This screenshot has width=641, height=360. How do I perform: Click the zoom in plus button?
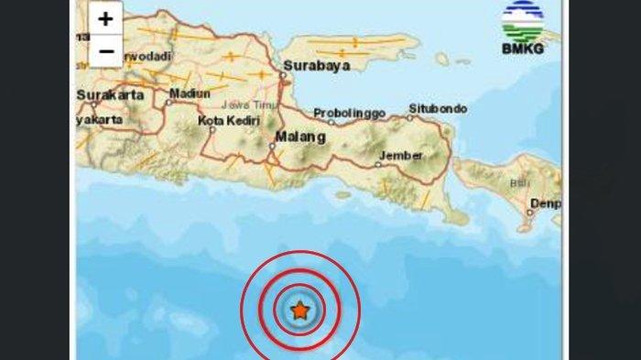pyautogui.click(x=106, y=19)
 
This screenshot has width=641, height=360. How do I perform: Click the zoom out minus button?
pyautogui.click(x=106, y=51)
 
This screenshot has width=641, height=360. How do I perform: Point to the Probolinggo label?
pyautogui.click(x=350, y=113)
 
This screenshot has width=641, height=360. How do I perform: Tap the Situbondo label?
pyautogui.click(x=439, y=108)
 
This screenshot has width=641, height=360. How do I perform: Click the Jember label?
pyautogui.click(x=401, y=156)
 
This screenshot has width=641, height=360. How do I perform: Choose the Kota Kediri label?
pyautogui.click(x=229, y=120)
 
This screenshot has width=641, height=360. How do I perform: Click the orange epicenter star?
pyautogui.click(x=299, y=311)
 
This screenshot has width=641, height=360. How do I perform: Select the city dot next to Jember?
pyautogui.click(x=378, y=165)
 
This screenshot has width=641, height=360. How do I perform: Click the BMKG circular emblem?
pyautogui.click(x=522, y=19)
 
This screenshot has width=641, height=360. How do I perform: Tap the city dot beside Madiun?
pyautogui.click(x=168, y=102)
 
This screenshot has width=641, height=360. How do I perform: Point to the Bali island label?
pyautogui.click(x=520, y=184)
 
